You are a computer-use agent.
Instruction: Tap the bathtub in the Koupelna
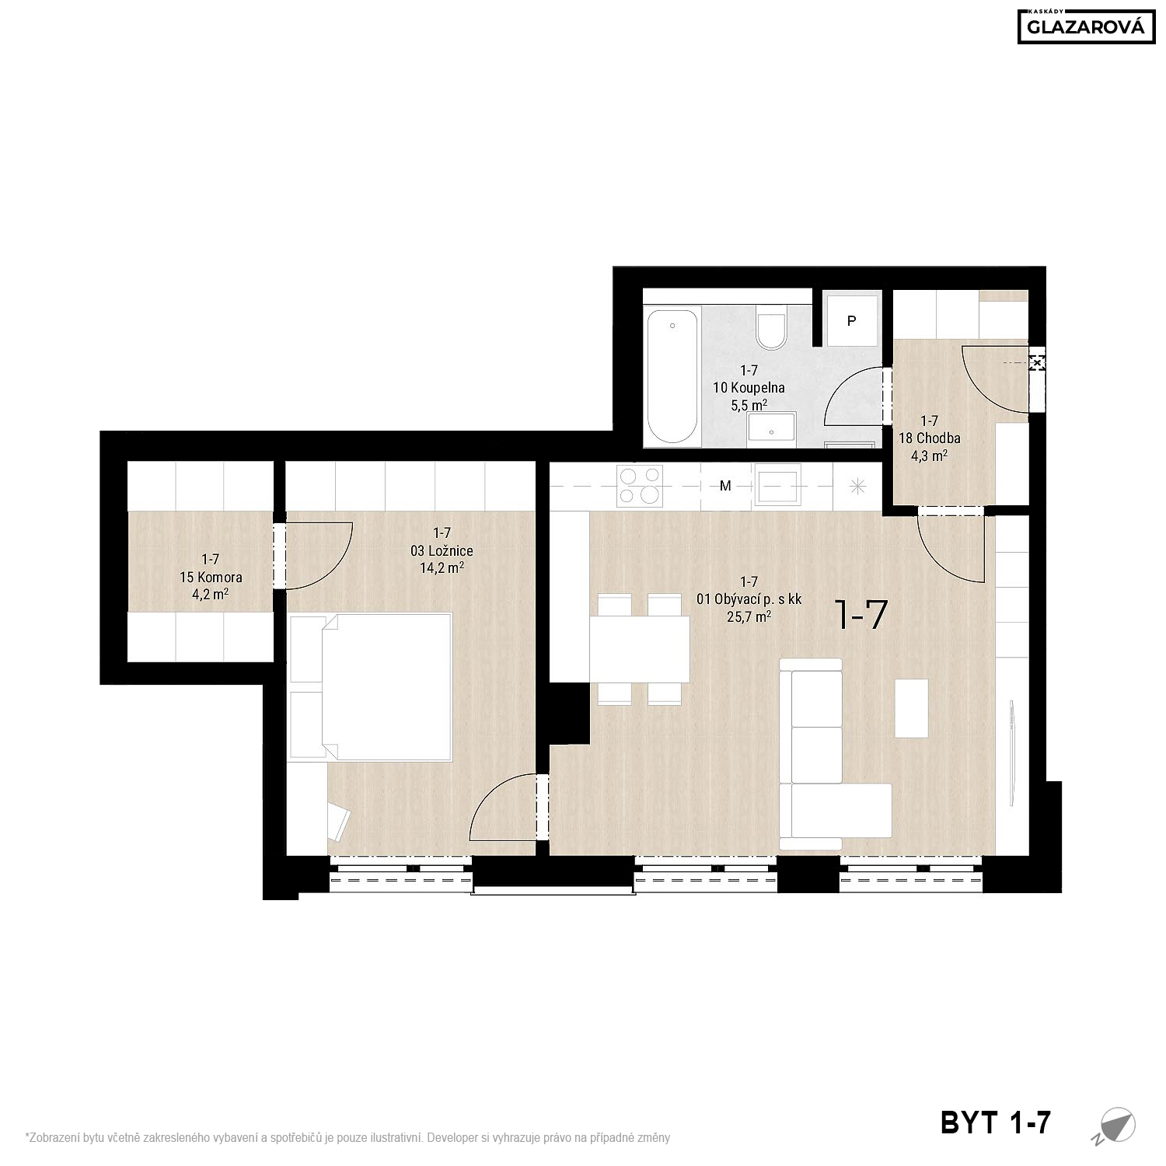[x=672, y=375]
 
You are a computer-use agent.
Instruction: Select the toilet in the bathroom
[x=773, y=327]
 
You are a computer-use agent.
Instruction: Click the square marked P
[x=852, y=320]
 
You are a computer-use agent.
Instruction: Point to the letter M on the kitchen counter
[x=725, y=487]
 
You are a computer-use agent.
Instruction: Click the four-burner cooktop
[x=640, y=486]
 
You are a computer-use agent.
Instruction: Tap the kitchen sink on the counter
[x=777, y=486]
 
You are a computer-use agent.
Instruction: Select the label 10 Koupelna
[x=749, y=387]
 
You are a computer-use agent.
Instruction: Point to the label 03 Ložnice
[x=442, y=550]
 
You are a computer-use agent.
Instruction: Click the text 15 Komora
[x=211, y=578]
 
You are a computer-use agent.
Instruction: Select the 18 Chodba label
[x=929, y=438]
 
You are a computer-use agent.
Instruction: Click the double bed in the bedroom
[x=370, y=687]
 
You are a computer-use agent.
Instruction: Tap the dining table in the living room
[x=640, y=648]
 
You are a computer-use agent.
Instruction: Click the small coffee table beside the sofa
[x=911, y=708]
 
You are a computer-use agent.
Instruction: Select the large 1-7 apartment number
[x=860, y=615]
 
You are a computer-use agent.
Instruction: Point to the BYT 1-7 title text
[x=996, y=1122]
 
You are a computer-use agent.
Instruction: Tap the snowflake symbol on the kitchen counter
[x=857, y=487]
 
